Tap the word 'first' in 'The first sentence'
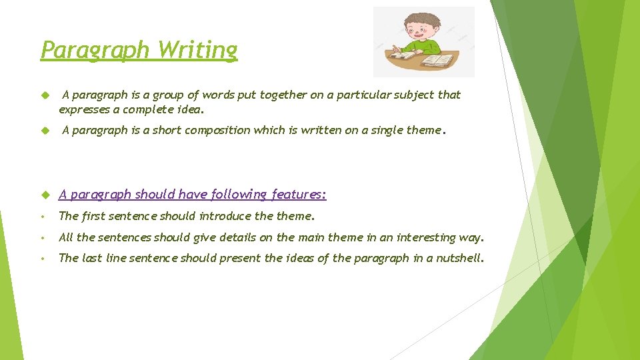coord(93,216)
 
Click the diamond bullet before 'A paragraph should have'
coord(45,195)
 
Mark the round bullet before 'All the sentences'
coord(42,238)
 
